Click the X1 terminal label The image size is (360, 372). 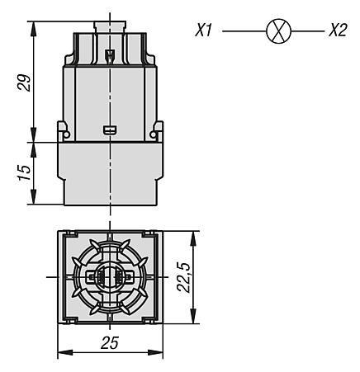point(204,31)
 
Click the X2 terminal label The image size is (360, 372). point(338,31)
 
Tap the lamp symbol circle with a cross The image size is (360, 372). point(278,31)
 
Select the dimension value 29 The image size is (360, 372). point(24,82)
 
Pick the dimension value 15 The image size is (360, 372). point(24,172)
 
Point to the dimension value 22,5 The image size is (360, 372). point(183,277)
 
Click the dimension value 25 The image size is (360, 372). point(110,343)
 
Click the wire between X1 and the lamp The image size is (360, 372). point(244,31)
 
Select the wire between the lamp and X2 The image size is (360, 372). point(308,31)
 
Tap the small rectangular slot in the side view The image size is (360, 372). point(110,129)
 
